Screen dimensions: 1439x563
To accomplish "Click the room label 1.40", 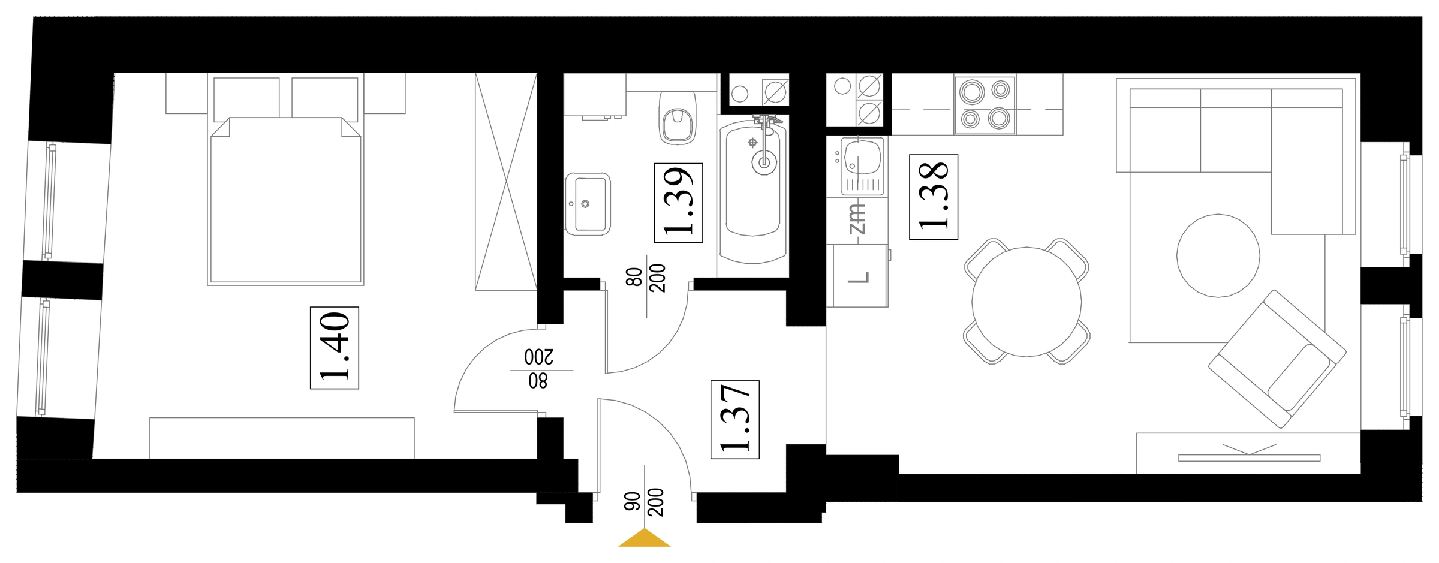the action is [x=335, y=348].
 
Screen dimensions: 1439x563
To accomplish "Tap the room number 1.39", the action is [x=678, y=203].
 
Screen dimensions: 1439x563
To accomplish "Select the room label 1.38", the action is [x=934, y=197].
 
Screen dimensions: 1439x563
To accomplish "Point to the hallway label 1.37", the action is [x=735, y=419].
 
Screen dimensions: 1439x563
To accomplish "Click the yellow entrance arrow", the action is [x=645, y=538].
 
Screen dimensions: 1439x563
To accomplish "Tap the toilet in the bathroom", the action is [x=678, y=119].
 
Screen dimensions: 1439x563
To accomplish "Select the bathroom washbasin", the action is [x=588, y=204].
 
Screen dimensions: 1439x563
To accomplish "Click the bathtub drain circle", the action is [x=764, y=162].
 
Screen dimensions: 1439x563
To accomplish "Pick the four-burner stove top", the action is [x=985, y=105].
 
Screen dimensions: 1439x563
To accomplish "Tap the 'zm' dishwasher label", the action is [x=857, y=219].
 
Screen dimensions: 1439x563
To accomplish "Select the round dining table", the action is [x=1026, y=302].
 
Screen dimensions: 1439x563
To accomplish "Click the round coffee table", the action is [x=1218, y=255].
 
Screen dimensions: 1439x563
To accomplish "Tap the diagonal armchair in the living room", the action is [x=1277, y=359].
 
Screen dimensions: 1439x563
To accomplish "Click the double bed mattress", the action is [x=285, y=200].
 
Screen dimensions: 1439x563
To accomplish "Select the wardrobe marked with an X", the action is [x=506, y=182].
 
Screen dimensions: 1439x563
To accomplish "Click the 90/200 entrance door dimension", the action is [x=645, y=502].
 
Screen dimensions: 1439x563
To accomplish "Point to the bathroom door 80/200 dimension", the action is [x=646, y=278].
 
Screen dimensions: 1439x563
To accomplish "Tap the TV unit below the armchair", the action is [x=1248, y=453].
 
